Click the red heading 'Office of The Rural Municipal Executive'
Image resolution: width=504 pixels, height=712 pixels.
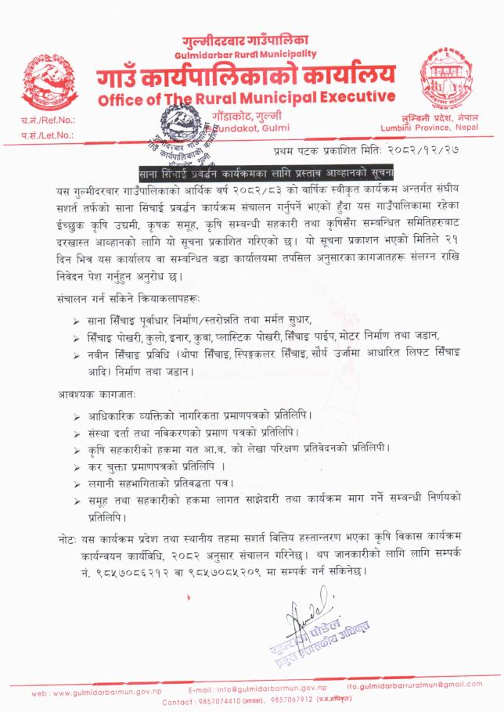coord(247,99)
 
